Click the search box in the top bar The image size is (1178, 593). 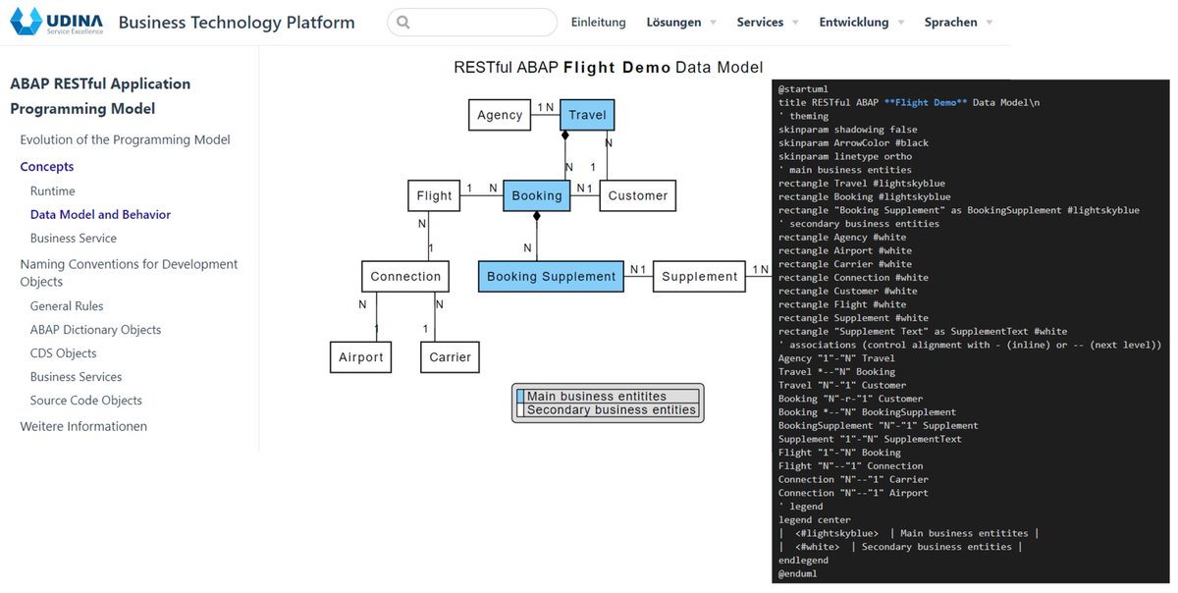point(472,23)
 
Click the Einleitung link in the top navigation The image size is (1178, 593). point(598,23)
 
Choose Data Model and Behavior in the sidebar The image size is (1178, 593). point(100,214)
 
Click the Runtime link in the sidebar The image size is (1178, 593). point(52,190)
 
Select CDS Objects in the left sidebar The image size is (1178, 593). point(63,353)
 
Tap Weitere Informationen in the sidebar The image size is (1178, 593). point(83,426)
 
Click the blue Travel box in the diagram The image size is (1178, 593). point(587,115)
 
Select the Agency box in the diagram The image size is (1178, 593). point(500,115)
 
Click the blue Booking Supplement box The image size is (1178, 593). point(551,277)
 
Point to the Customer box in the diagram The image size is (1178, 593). point(637,195)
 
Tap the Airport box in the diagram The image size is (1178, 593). point(361,357)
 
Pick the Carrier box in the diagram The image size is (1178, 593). point(450,357)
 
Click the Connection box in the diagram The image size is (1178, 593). point(405,277)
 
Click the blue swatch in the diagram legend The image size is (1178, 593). point(521,397)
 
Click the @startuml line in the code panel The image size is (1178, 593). point(803,89)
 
